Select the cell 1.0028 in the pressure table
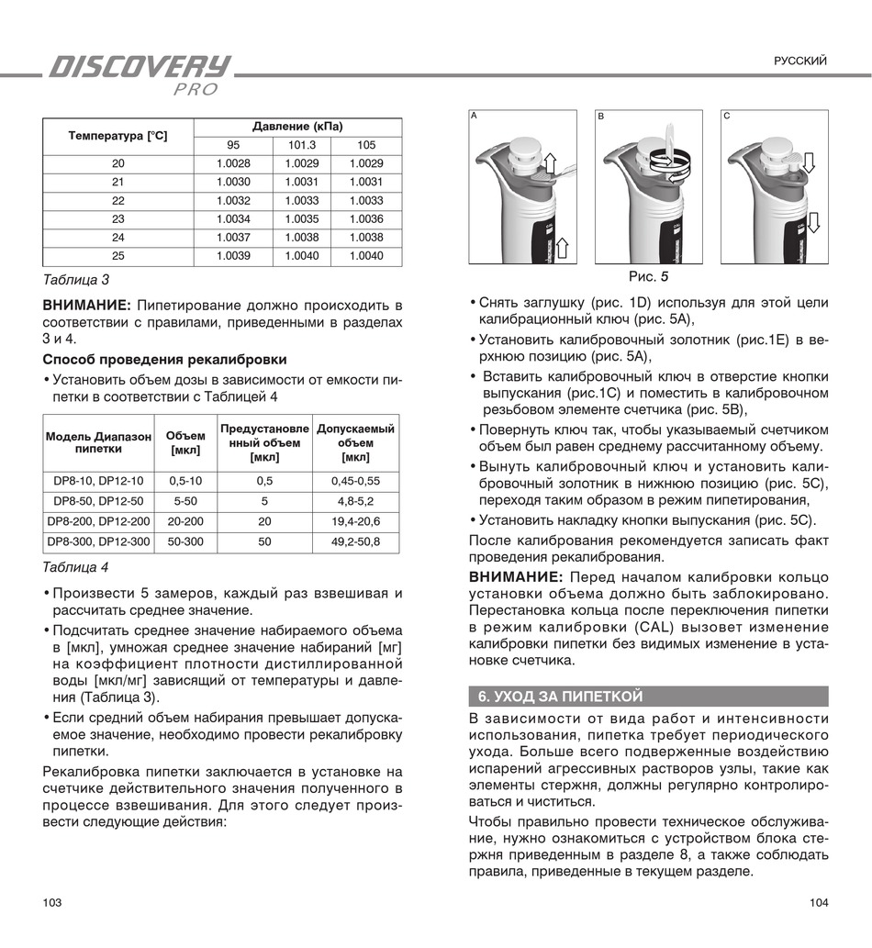(x=233, y=163)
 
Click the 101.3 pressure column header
(x=302, y=145)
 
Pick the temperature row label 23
(x=118, y=219)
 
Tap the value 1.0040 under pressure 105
(x=366, y=256)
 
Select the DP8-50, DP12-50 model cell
(x=98, y=501)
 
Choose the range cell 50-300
(x=185, y=541)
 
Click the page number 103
(x=52, y=903)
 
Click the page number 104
(x=819, y=903)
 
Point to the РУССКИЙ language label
(x=800, y=61)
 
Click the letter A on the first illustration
(x=474, y=117)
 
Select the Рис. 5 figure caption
(x=648, y=276)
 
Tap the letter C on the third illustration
(x=726, y=117)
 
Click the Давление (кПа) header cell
(x=297, y=127)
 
